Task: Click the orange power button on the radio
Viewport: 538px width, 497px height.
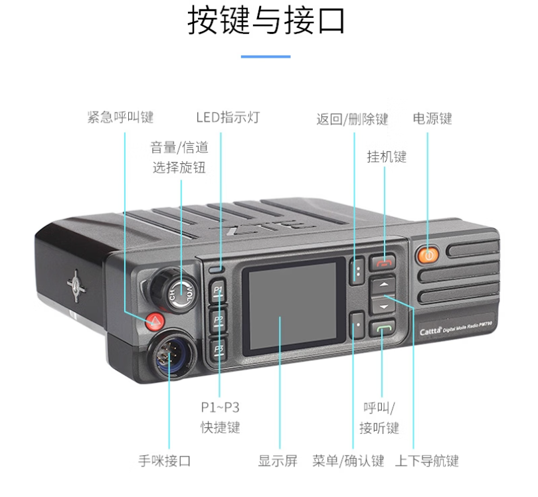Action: (428, 255)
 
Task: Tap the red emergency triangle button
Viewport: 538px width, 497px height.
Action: (155, 322)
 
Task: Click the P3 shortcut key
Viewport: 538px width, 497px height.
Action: (219, 350)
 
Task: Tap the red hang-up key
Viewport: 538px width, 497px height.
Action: (383, 263)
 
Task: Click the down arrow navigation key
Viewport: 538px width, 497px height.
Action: (383, 305)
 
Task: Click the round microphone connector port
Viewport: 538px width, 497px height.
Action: (171, 355)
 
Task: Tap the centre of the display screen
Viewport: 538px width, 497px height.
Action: (293, 306)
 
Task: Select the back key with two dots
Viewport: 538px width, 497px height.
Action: (357, 270)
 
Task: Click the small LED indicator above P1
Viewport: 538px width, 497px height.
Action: (216, 269)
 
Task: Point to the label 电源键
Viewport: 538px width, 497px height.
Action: (432, 119)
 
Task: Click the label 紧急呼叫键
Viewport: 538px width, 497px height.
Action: (120, 117)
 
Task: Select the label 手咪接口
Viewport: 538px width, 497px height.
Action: (165, 461)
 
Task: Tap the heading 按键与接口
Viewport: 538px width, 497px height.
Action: (266, 21)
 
